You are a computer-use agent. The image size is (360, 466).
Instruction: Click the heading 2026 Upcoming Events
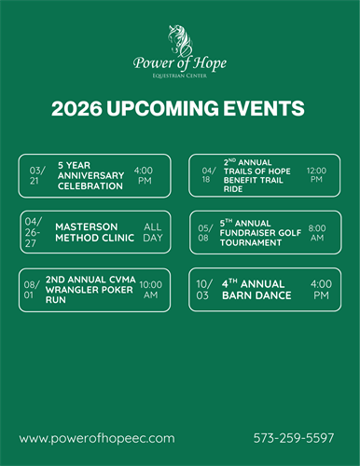[x=178, y=109]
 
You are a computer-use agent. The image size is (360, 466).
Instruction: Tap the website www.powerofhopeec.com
[x=97, y=437]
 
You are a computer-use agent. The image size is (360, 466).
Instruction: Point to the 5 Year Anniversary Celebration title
[x=90, y=175]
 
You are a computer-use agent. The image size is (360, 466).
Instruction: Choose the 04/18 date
[x=208, y=175]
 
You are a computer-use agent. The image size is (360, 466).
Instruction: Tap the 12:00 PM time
[x=317, y=175]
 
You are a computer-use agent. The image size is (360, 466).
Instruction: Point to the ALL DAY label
[x=152, y=232]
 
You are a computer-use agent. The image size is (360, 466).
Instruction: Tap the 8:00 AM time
[x=317, y=233]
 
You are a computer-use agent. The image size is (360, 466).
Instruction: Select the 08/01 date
[x=31, y=290]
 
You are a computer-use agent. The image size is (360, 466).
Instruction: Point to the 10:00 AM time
[x=150, y=290]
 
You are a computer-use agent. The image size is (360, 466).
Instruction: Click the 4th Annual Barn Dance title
[x=256, y=290]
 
